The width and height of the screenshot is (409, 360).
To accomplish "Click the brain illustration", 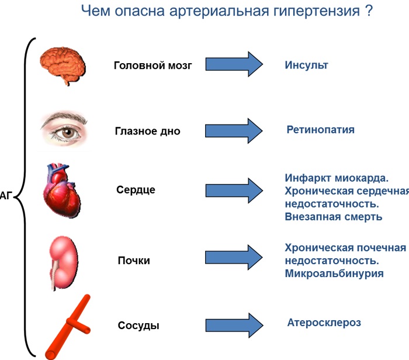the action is point(63,65).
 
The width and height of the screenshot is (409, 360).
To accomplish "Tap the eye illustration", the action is point(64,129).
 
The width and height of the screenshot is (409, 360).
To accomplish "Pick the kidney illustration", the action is point(64,263).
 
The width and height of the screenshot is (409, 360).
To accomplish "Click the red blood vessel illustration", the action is point(68,327).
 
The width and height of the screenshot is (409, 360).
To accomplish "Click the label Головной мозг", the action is point(153,65).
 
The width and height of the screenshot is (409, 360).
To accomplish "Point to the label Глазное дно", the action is point(148,131).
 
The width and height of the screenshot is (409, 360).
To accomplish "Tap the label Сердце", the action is point(136,190).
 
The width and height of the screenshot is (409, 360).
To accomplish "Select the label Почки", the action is point(134,260).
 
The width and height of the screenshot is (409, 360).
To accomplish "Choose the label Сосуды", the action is point(138,326).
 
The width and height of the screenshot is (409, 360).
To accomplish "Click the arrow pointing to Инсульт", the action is point(234,64).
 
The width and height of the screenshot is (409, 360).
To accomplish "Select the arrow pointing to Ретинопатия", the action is point(234,131).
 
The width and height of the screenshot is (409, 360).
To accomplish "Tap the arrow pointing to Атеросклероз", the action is point(234,326).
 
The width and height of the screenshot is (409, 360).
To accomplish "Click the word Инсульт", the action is point(306,65).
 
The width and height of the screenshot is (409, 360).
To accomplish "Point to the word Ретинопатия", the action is point(321,130).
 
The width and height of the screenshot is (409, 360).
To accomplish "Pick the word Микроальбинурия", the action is point(334,274).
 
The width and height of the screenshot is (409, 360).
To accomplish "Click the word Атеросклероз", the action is point(324,323).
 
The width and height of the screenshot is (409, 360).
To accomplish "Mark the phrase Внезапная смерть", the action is point(334,217).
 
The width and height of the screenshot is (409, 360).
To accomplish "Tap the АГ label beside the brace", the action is point(6,196).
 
